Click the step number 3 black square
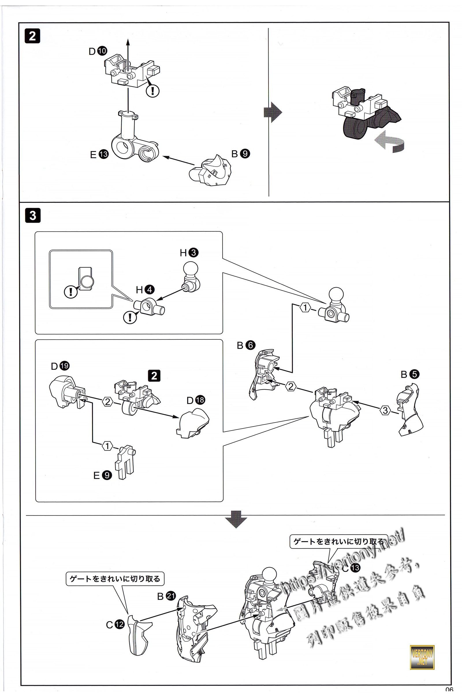33,215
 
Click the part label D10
98,51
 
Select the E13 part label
99,154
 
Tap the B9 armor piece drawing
211,171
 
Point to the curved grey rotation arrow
390,142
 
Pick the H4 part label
145,290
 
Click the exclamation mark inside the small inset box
71,292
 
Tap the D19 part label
60,366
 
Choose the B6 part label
246,345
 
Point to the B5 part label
410,374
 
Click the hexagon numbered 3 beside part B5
385,410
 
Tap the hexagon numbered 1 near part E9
107,446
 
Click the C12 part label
115,625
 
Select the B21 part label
167,596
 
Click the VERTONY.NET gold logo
422,657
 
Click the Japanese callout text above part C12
115,579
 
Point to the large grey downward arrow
236,527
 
